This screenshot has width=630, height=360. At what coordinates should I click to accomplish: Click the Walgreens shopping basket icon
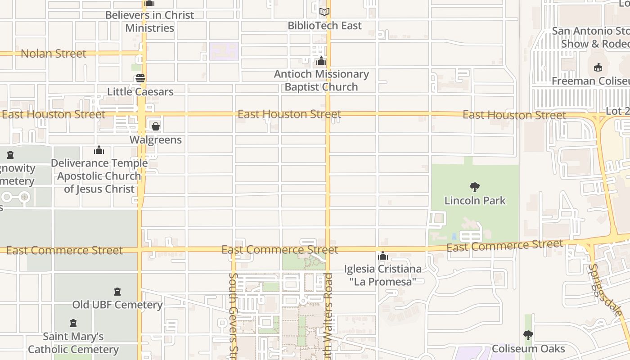[155, 126]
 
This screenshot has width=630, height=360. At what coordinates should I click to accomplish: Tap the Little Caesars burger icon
[140, 78]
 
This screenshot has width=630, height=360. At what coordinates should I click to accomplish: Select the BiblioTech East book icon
[324, 12]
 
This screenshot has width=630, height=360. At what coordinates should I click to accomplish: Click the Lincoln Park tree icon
[474, 187]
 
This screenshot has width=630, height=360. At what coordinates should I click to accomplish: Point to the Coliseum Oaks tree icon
[528, 335]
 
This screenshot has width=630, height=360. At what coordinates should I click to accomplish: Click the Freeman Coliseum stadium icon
[598, 67]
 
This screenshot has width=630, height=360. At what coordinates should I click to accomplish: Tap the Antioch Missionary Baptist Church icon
[321, 61]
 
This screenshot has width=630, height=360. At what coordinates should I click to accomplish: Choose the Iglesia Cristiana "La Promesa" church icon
[383, 256]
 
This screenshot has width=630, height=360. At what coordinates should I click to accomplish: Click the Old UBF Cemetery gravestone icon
[117, 292]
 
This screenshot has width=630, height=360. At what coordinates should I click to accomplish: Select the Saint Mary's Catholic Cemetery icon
[73, 323]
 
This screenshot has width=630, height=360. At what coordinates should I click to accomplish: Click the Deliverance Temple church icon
[99, 150]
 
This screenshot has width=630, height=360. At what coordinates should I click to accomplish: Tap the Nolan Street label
[53, 54]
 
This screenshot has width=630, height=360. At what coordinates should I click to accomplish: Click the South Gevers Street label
[233, 315]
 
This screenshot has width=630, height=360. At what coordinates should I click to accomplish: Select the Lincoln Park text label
[475, 201]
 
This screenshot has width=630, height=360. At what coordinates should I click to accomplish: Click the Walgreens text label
[156, 140]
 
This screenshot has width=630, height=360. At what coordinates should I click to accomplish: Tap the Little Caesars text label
[140, 92]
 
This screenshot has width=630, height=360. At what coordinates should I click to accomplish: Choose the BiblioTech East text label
[324, 26]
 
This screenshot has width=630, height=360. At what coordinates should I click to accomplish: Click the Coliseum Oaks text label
[528, 349]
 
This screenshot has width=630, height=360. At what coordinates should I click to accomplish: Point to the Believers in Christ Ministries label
[149, 21]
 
